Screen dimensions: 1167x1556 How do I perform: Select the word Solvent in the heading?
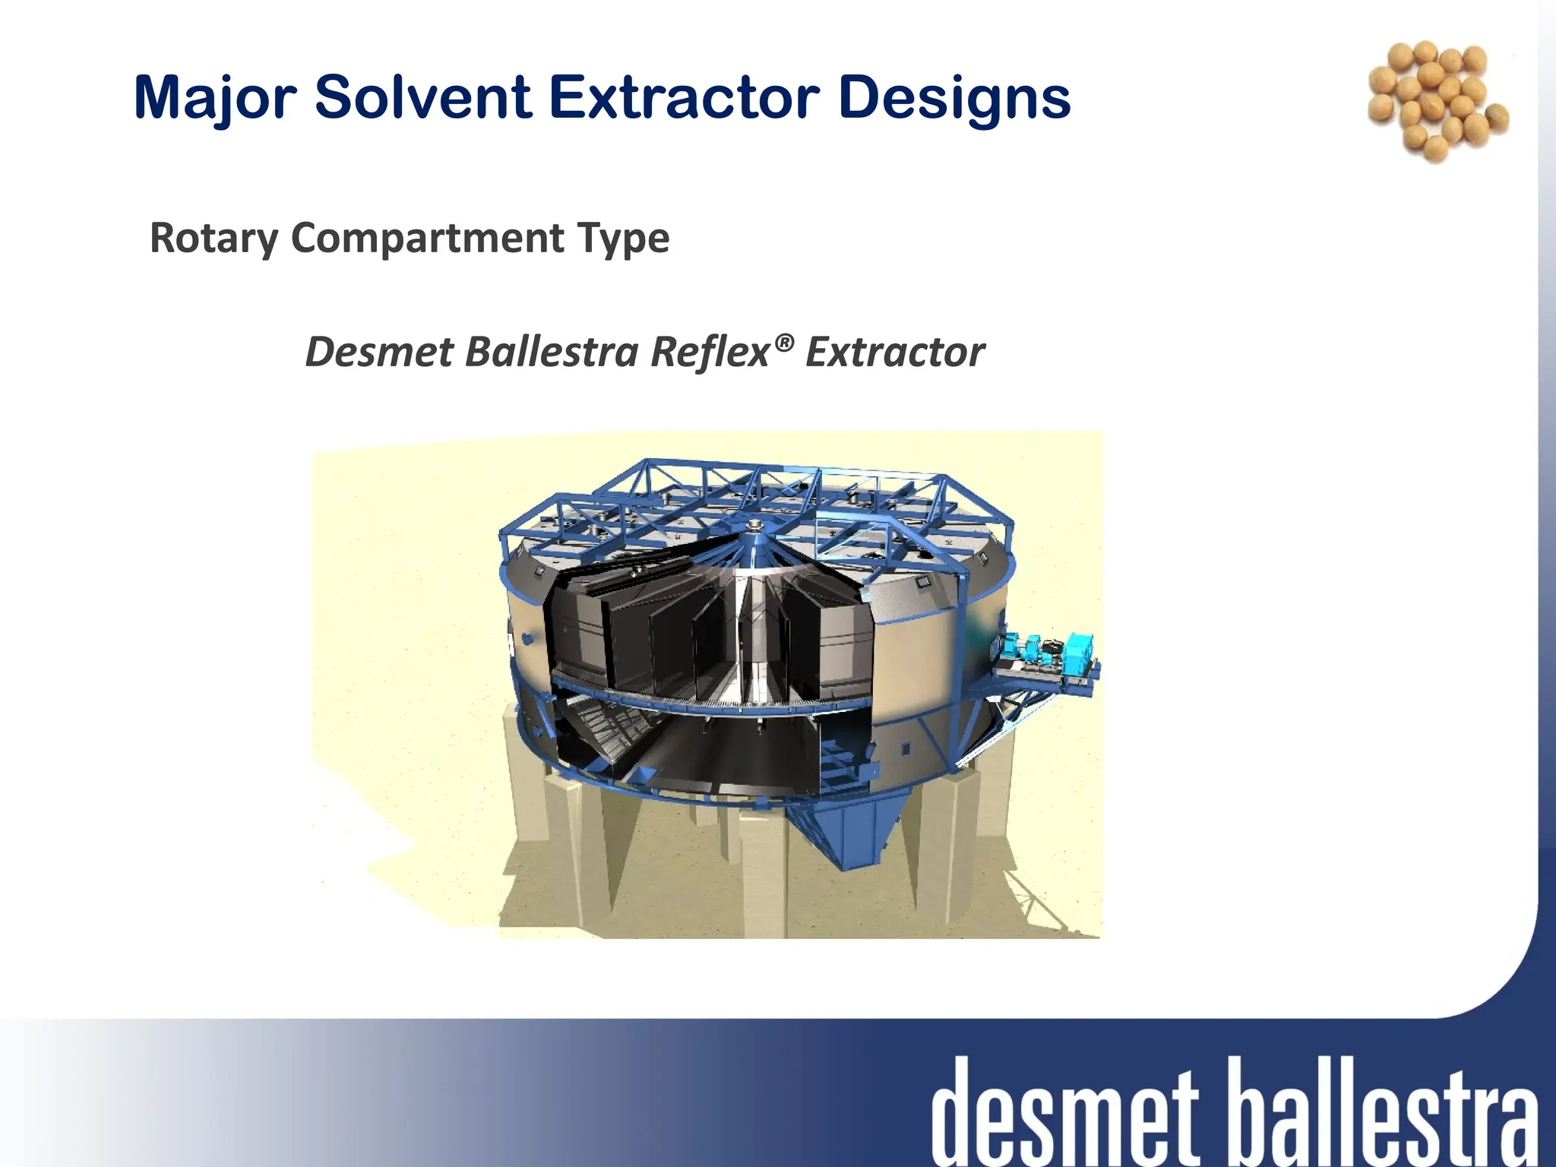[423, 97]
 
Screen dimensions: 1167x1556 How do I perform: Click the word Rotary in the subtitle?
[214, 239]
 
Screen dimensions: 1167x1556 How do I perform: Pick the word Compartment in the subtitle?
[427, 239]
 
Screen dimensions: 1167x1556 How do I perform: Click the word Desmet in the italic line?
[378, 353]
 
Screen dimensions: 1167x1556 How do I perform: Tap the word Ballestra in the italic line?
[552, 353]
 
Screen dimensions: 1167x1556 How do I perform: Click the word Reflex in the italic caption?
[710, 353]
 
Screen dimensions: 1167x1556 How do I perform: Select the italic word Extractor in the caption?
[894, 353]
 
